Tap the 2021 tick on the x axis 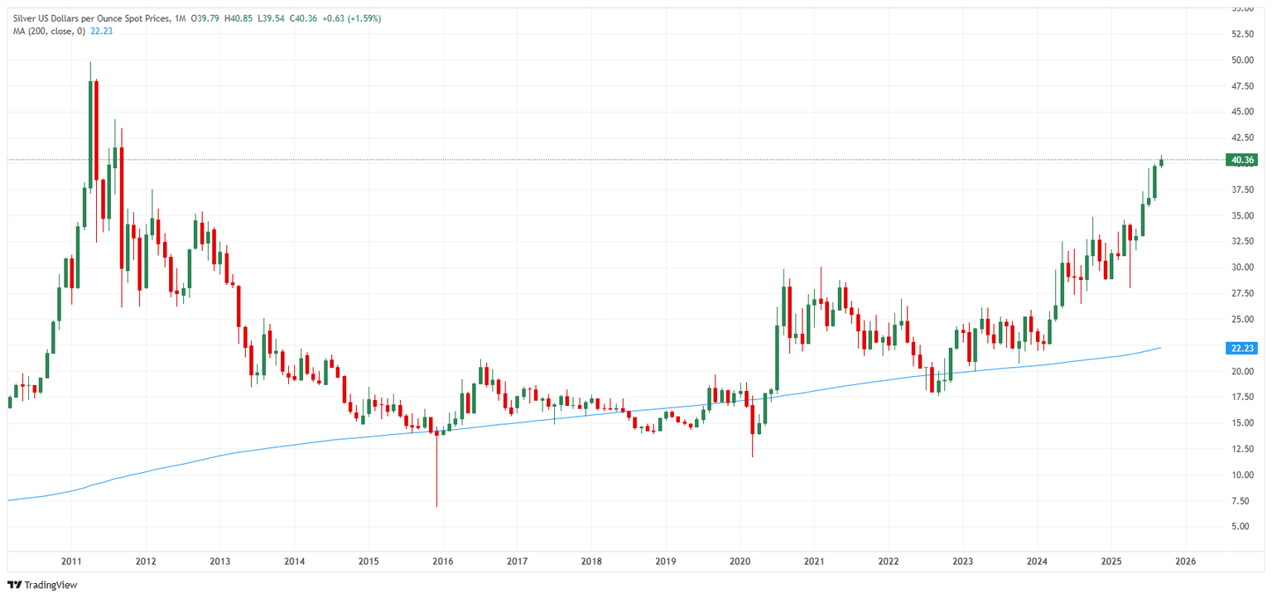[813, 561]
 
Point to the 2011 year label [71, 561]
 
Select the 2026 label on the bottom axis [1185, 561]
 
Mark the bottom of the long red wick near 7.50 [436, 506]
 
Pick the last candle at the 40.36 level [1161, 162]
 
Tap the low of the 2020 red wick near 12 [753, 456]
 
